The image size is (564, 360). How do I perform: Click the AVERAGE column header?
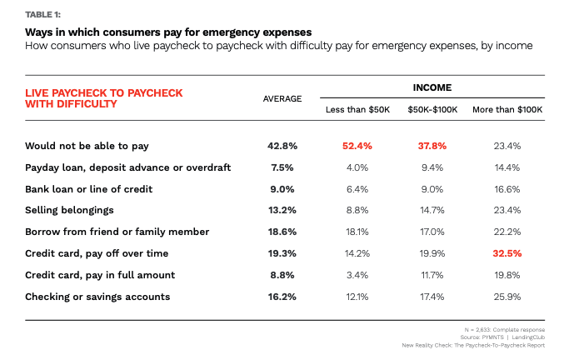[282, 99]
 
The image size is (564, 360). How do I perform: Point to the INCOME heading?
[432, 87]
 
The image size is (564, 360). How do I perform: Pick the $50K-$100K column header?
[432, 109]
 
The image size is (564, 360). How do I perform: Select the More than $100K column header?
[507, 109]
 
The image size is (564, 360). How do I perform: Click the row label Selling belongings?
[70, 211]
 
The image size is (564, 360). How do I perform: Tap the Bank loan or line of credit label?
[88, 189]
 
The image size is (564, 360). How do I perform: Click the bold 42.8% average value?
[282, 146]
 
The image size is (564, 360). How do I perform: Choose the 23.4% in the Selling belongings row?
[507, 211]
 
